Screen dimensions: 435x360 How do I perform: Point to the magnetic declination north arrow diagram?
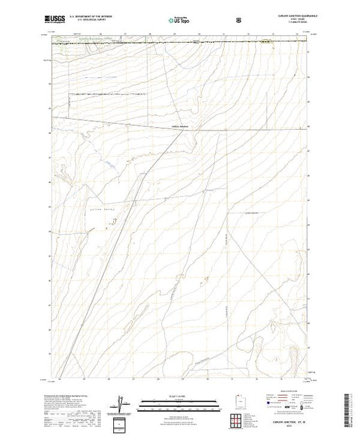click(x=122, y=403)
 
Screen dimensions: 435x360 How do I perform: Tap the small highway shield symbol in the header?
click(x=238, y=21)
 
